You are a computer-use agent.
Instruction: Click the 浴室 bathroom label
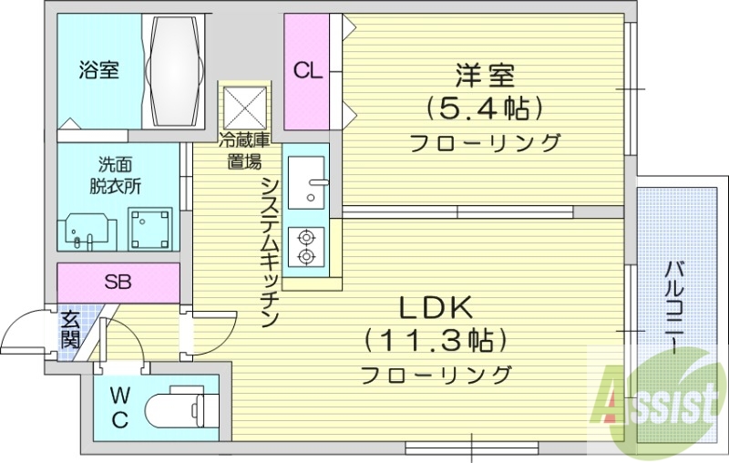(x=98, y=70)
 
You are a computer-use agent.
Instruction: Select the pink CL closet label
(x=307, y=72)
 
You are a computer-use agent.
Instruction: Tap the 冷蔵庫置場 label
(x=244, y=151)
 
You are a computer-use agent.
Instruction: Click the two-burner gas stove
(x=304, y=245)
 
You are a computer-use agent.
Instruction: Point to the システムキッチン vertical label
(x=270, y=252)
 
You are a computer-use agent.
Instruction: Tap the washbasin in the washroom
(x=91, y=231)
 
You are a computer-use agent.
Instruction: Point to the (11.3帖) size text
(x=435, y=341)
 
